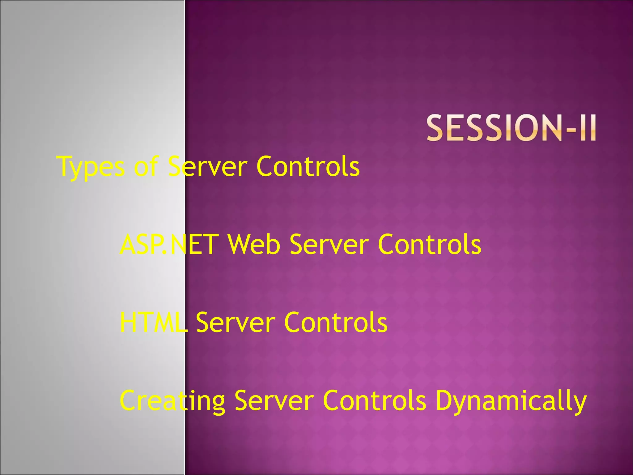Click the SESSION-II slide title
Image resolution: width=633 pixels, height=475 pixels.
(511, 128)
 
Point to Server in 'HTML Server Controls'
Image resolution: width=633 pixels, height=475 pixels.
(235, 322)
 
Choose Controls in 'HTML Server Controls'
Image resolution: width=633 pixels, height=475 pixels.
(336, 322)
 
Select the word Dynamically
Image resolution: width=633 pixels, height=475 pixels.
(511, 401)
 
